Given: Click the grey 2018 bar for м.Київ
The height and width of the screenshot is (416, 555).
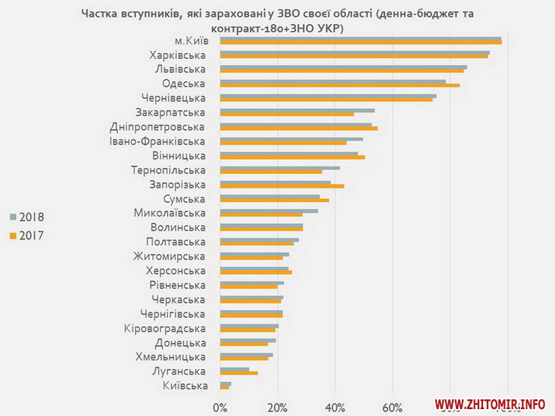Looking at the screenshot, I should [x=360, y=39].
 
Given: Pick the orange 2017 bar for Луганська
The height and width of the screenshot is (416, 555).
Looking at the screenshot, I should [x=239, y=373].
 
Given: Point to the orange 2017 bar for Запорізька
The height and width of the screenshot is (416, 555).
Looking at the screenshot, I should [x=282, y=186].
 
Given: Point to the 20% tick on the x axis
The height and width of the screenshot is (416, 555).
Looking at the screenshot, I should [x=278, y=409].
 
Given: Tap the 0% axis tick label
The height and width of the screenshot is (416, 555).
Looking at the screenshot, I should [x=220, y=409].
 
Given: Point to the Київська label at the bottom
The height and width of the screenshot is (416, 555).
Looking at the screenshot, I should [x=186, y=387].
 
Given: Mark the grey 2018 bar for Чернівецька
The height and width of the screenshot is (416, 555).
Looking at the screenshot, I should [x=327, y=95].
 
